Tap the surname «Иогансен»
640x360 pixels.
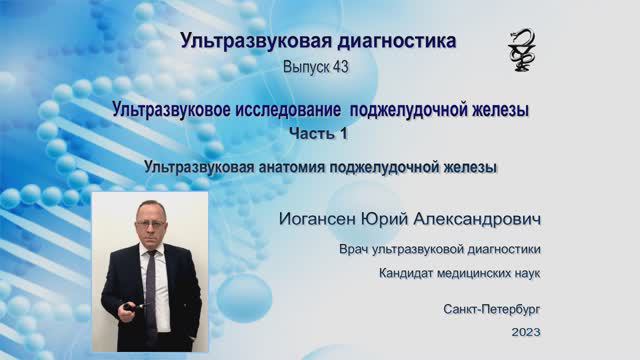point(324,217)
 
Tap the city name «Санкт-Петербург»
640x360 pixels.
point(492,310)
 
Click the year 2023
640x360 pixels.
point(525,332)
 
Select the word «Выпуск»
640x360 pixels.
point(303,67)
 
